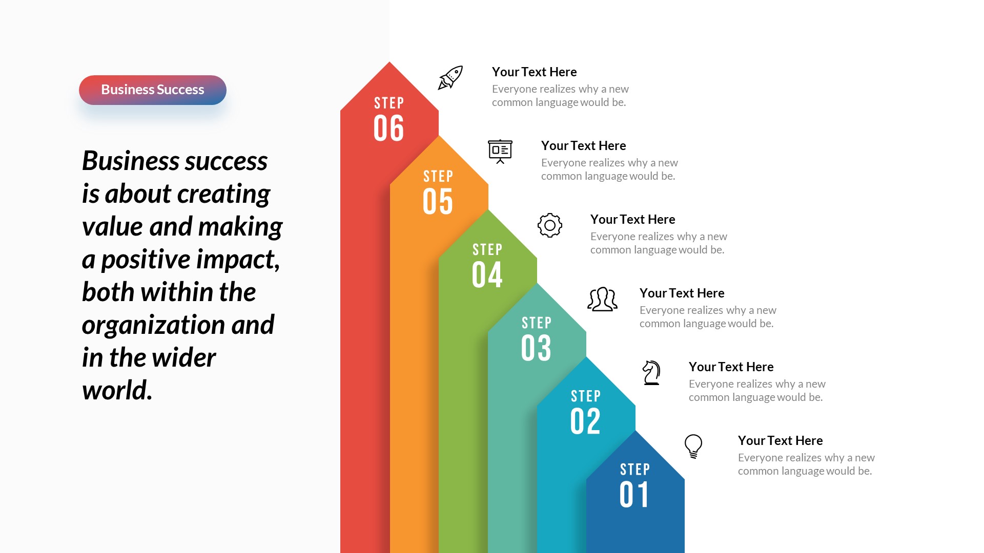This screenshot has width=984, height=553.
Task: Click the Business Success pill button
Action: pos(153,90)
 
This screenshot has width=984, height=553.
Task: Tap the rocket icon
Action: pos(450,77)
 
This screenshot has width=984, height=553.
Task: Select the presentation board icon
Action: pos(500,151)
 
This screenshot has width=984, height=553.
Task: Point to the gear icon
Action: pos(550,225)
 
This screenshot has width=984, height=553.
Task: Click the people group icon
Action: pos(602,299)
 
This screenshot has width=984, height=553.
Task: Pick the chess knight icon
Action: pos(651,372)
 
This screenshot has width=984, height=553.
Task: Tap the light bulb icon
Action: pos(693,446)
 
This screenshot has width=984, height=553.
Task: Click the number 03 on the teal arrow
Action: pos(536,348)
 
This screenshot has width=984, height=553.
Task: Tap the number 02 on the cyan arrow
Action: pos(585,421)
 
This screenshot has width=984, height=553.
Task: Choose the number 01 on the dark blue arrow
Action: pos(634,495)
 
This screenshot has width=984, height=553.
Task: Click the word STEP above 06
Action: pos(389,103)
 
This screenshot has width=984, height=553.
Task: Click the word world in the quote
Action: pos(116,390)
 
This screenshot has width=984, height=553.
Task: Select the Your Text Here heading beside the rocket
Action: pos(534,72)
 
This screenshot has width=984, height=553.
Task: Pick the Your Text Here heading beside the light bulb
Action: pos(780,441)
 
